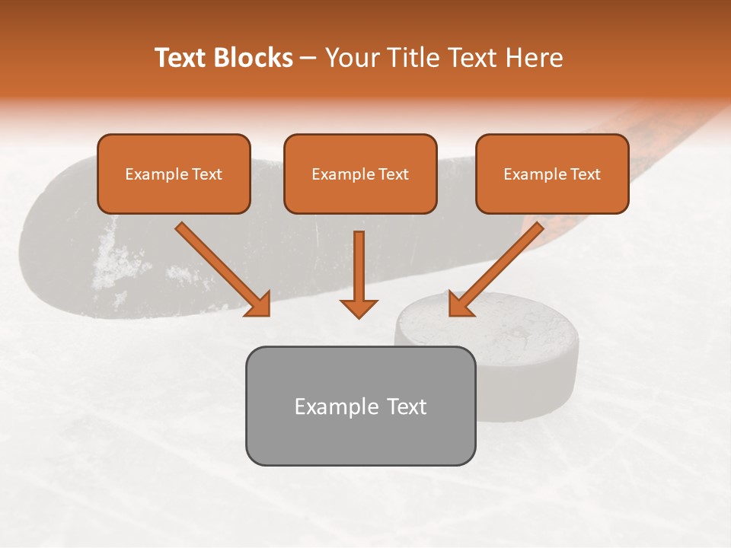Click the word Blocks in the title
pos(256,58)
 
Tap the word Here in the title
pos(533,58)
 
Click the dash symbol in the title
pos(308,59)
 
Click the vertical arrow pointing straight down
pos(359,266)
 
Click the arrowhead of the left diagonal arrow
pos(259,304)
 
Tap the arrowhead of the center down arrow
pos(359,307)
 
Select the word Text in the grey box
pos(407,406)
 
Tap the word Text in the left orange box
pos(207,174)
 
